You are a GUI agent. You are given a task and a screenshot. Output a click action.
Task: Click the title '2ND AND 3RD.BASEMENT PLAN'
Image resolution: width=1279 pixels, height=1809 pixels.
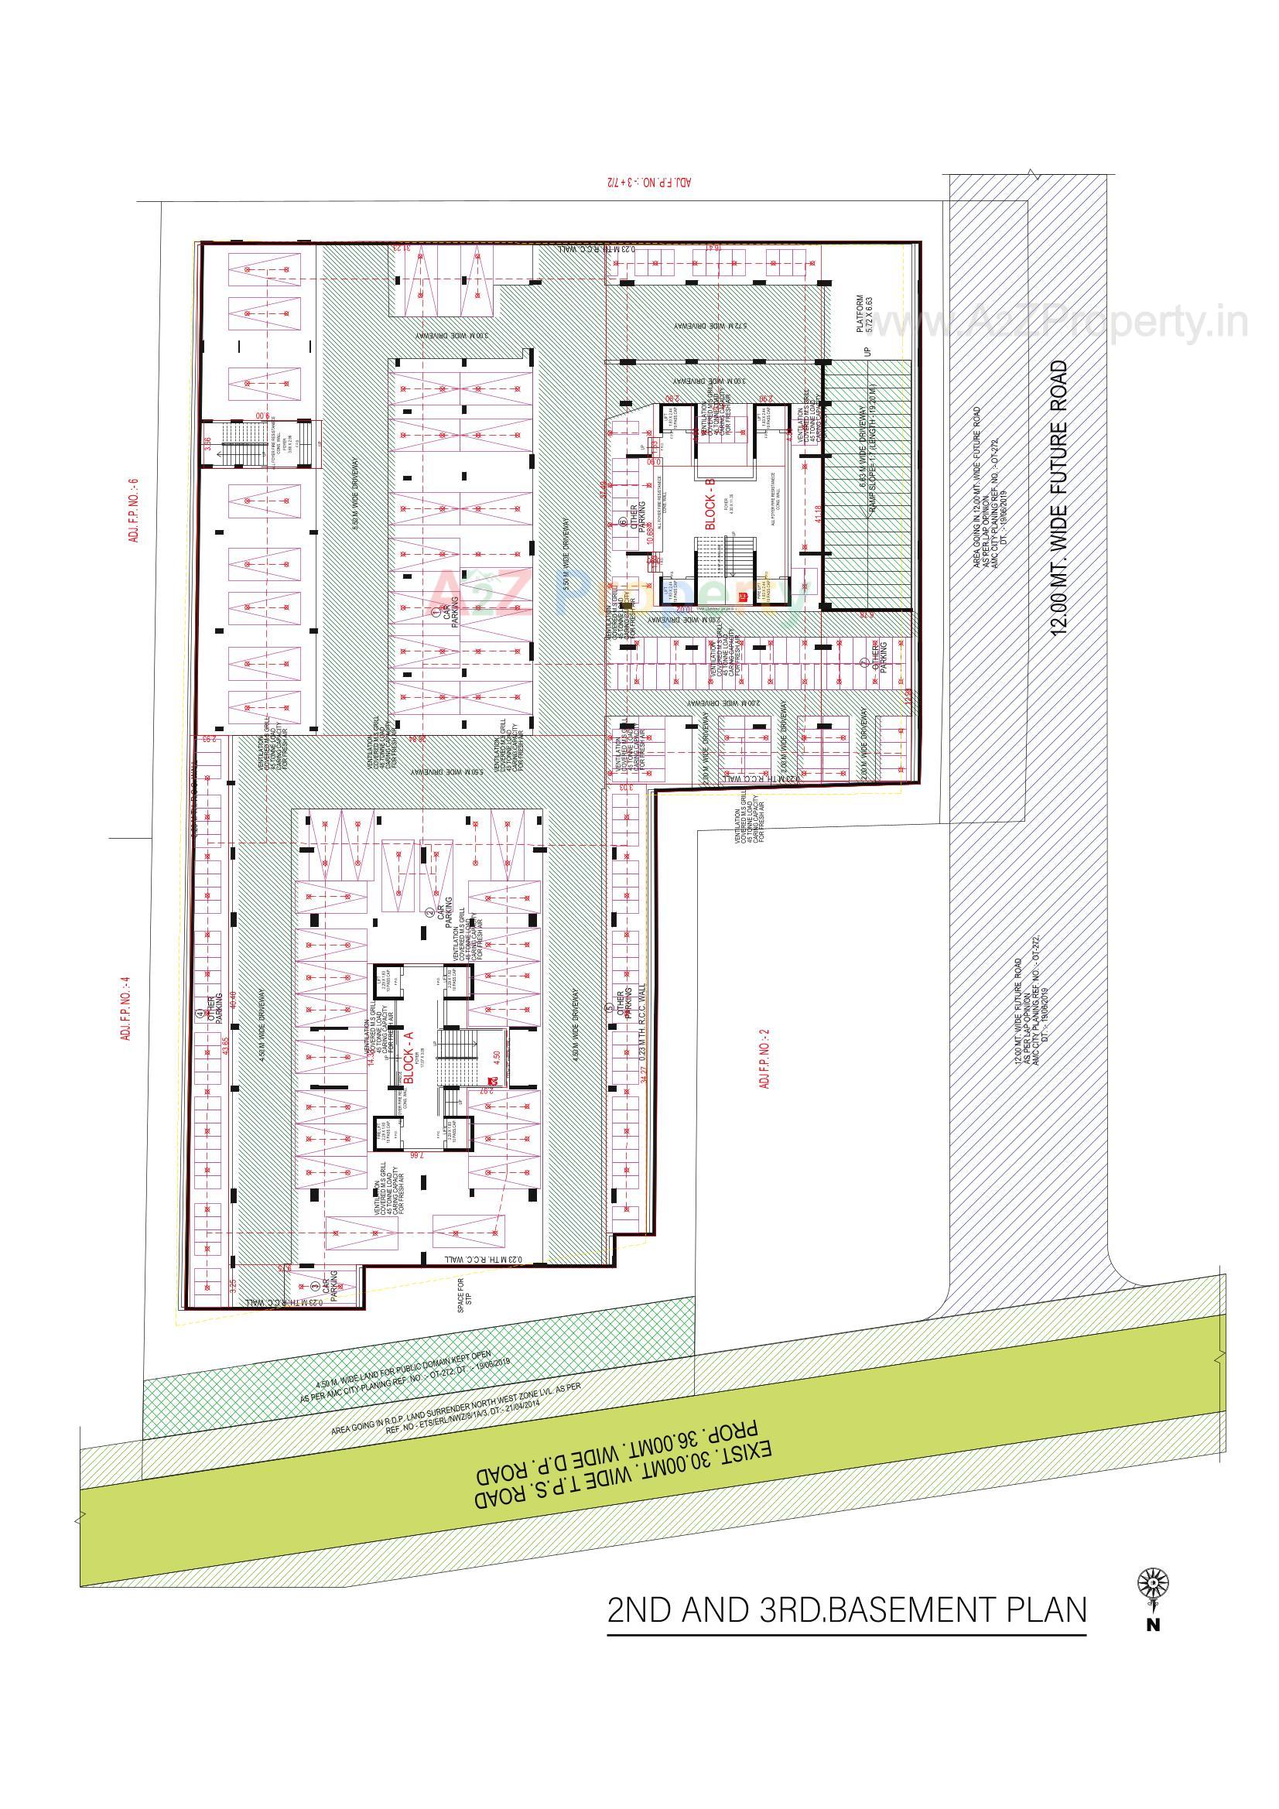pos(846,1609)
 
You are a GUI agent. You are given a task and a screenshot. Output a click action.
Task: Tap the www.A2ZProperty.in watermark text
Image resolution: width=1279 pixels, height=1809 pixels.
pos(1060,321)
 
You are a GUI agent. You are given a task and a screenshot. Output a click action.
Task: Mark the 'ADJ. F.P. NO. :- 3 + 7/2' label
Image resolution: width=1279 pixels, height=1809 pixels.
pos(648,182)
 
